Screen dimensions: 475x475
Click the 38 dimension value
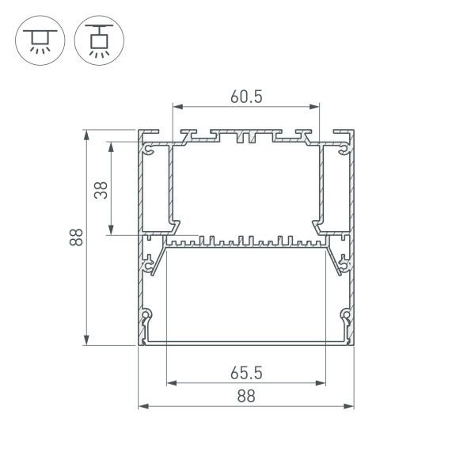point(101,189)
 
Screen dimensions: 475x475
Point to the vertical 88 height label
point(74,237)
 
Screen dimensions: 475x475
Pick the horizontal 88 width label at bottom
point(246,397)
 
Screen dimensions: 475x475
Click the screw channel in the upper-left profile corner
point(148,147)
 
